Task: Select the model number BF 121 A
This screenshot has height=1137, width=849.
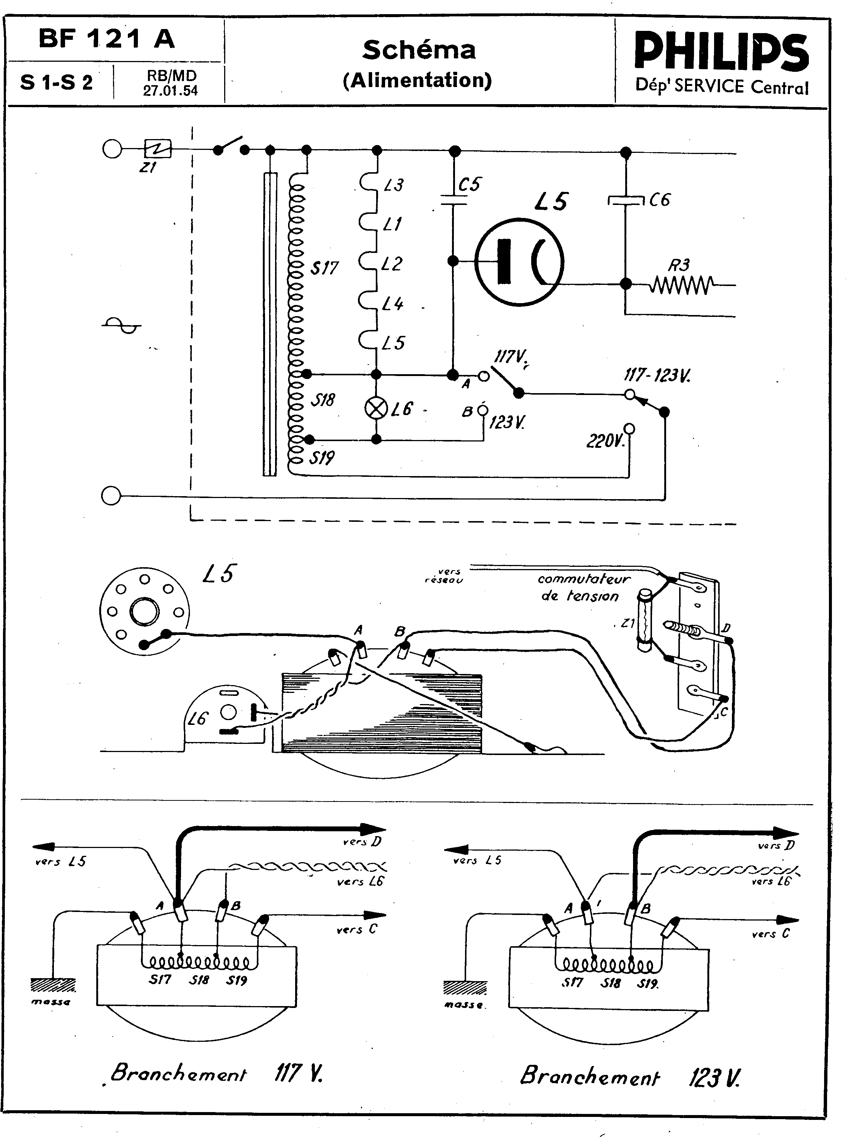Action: (106, 39)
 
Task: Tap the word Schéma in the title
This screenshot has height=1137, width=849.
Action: (419, 50)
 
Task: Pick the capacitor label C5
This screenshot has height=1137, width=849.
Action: (469, 184)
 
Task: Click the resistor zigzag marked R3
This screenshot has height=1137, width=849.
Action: (681, 284)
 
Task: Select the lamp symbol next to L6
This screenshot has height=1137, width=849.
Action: (376, 409)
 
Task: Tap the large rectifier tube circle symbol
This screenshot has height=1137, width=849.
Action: (519, 261)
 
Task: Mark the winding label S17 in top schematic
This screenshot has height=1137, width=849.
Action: (324, 268)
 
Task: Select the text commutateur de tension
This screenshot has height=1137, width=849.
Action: (582, 587)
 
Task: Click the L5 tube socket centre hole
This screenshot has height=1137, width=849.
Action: (144, 612)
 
